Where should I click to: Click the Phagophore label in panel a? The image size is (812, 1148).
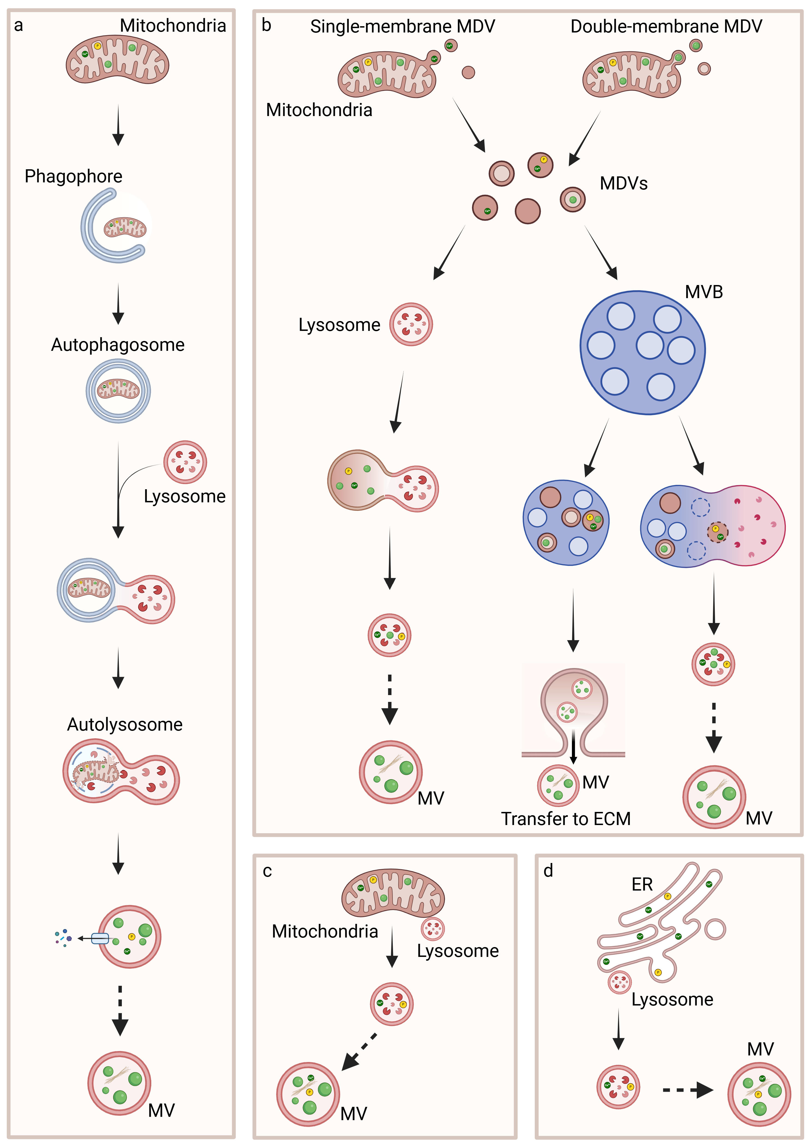tap(73, 177)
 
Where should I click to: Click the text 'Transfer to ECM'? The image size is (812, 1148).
tap(566, 819)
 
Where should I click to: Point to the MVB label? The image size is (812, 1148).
tap(704, 292)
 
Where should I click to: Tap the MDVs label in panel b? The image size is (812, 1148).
tap(623, 183)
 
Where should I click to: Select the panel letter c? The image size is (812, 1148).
tap(267, 871)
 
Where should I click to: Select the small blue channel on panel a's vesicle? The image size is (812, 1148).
tap(100, 939)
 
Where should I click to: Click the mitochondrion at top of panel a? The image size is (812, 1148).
tap(117, 61)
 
